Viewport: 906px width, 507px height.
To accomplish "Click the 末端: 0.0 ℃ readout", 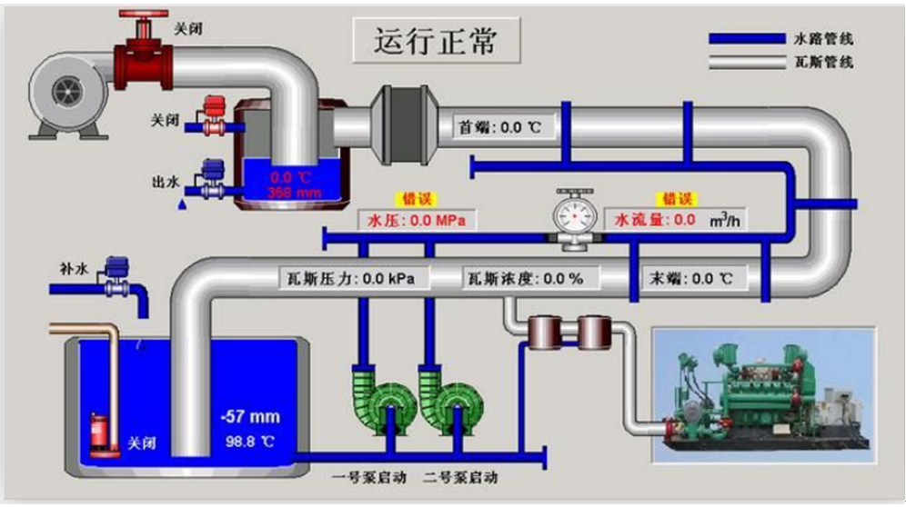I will click(690, 278).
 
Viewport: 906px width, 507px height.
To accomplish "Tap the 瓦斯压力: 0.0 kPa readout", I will click(351, 278).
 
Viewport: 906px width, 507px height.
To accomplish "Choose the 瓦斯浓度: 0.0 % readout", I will click(525, 278).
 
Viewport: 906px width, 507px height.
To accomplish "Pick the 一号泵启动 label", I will click(361, 476).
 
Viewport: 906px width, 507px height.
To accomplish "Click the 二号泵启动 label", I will click(460, 476).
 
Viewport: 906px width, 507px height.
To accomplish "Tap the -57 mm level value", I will click(250, 418).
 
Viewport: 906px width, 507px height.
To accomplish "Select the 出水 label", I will click(165, 181).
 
